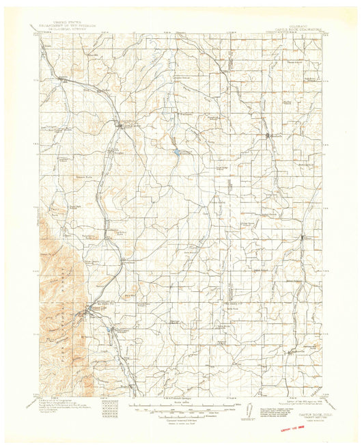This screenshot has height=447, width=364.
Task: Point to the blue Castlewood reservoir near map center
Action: click(176, 152)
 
